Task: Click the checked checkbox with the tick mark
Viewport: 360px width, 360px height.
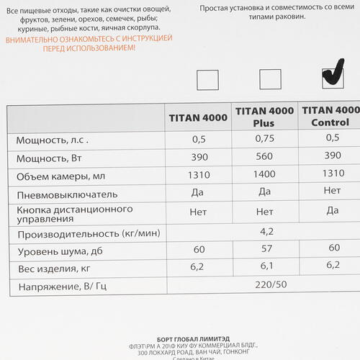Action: point(331,75)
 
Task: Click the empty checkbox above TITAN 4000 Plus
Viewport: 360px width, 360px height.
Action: point(270,79)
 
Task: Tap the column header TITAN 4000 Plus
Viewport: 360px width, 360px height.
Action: point(264,117)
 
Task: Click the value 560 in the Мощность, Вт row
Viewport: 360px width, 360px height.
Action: point(265,157)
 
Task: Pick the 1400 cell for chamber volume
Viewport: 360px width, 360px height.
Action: point(265,175)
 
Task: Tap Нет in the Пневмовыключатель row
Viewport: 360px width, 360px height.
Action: point(332,191)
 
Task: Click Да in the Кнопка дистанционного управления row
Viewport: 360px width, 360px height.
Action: point(332,210)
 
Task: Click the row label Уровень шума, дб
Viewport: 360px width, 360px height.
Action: point(50,251)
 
